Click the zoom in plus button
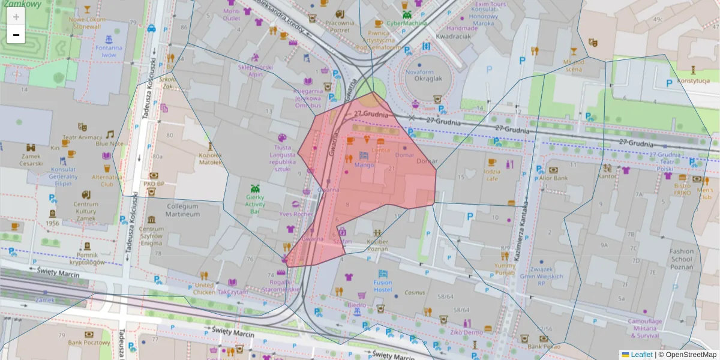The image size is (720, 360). pyautogui.click(x=16, y=17)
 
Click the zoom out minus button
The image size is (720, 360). pyautogui.click(x=16, y=35)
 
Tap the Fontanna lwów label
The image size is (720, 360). pyautogui.click(x=109, y=51)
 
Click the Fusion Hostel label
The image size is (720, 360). pyautogui.click(x=382, y=286)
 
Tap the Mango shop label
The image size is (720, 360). pyautogui.click(x=364, y=164)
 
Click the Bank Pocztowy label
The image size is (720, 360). pyautogui.click(x=89, y=343)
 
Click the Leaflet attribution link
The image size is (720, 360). pyautogui.click(x=641, y=355)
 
